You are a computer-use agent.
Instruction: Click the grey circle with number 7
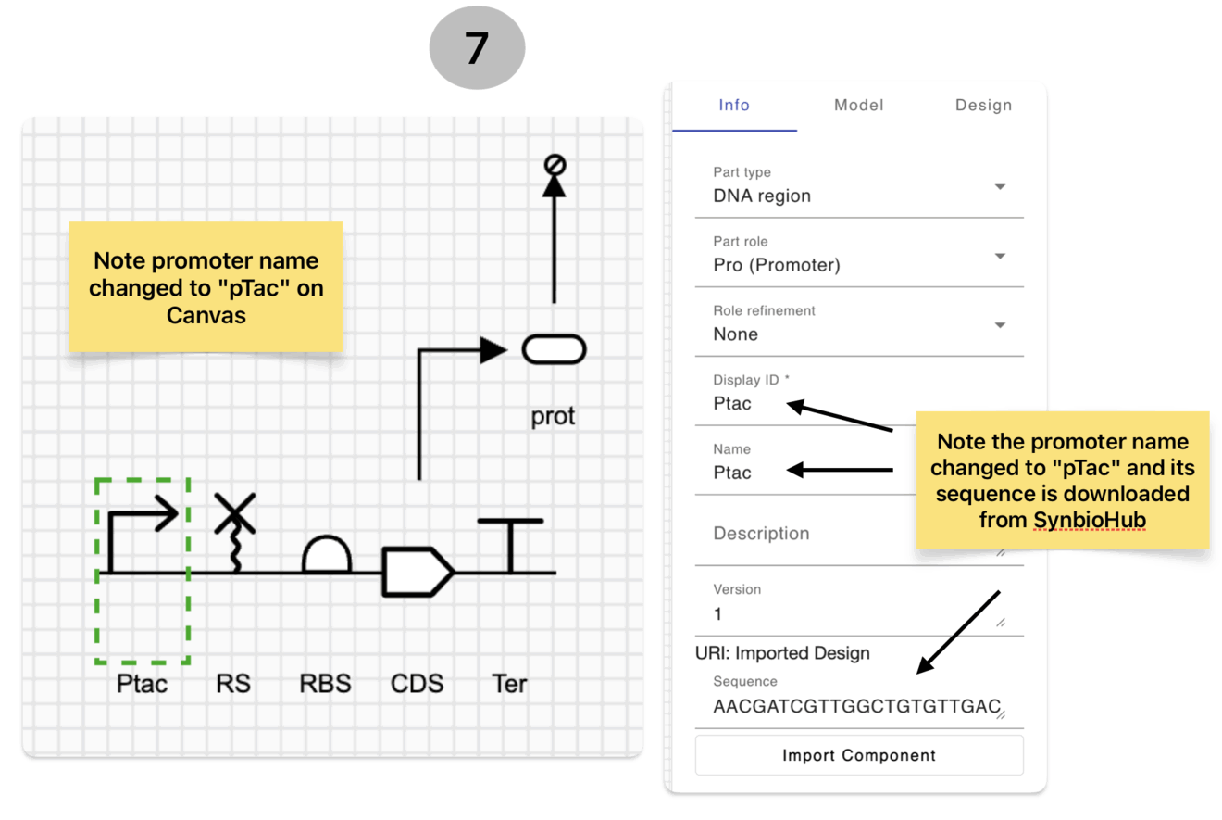coord(477,47)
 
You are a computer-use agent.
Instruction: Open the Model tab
coord(859,105)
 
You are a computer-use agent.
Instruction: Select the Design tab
coord(983,105)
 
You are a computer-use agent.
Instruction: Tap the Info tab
coord(734,105)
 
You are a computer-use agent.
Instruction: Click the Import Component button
coord(859,755)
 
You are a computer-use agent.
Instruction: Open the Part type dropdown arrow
coord(1000,187)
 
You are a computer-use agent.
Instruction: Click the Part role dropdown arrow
coord(1000,256)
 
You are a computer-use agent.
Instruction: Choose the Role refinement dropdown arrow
coord(1000,325)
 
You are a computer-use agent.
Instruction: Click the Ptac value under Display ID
coord(732,403)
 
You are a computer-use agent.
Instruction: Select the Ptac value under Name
coord(732,473)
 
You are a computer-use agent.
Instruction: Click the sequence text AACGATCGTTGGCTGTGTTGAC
coord(856,706)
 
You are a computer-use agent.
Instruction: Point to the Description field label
coord(761,534)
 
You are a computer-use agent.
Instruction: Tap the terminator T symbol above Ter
coord(510,544)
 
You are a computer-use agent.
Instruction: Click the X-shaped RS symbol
coord(235,513)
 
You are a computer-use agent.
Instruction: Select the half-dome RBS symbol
coord(326,554)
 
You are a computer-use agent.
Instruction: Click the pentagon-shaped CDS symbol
coord(418,571)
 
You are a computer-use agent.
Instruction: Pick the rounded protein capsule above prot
coord(554,349)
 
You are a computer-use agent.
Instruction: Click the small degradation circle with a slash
coord(555,164)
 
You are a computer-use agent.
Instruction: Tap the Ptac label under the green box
coord(142,684)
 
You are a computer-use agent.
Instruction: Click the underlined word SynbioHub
coord(1090,520)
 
